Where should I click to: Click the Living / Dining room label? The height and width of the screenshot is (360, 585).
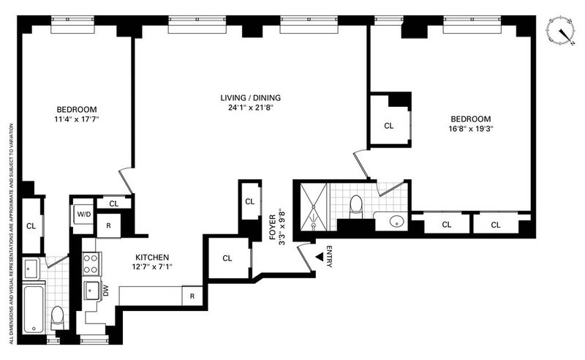pyautogui.click(x=250, y=98)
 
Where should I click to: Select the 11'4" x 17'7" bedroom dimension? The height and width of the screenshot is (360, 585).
pyautogui.click(x=77, y=119)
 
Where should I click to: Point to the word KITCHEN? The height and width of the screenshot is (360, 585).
pyautogui.click(x=152, y=258)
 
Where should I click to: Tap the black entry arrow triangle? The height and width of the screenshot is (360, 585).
pyautogui.click(x=320, y=257)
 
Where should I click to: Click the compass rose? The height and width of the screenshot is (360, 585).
pyautogui.click(x=561, y=31)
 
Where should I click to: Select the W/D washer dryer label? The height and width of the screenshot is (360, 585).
pyautogui.click(x=84, y=214)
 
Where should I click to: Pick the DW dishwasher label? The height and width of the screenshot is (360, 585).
pyautogui.click(x=105, y=290)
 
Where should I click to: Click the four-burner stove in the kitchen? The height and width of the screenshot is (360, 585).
pyautogui.click(x=91, y=263)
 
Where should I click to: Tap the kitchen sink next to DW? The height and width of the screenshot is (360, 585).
pyautogui.click(x=92, y=290)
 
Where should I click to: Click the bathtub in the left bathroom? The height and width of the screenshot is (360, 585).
pyautogui.click(x=34, y=309)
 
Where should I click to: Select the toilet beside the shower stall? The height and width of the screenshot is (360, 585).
pyautogui.click(x=356, y=206)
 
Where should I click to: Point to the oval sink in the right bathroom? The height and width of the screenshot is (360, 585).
pyautogui.click(x=396, y=222)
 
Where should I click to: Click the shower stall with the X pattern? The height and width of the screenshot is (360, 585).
pyautogui.click(x=314, y=206)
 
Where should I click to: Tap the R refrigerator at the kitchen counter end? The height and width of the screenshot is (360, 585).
pyautogui.click(x=192, y=296)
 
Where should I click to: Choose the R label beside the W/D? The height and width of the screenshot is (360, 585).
pyautogui.click(x=108, y=225)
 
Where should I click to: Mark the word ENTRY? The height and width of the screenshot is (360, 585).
pyautogui.click(x=329, y=256)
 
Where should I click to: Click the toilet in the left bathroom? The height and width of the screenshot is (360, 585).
pyautogui.click(x=57, y=318)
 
